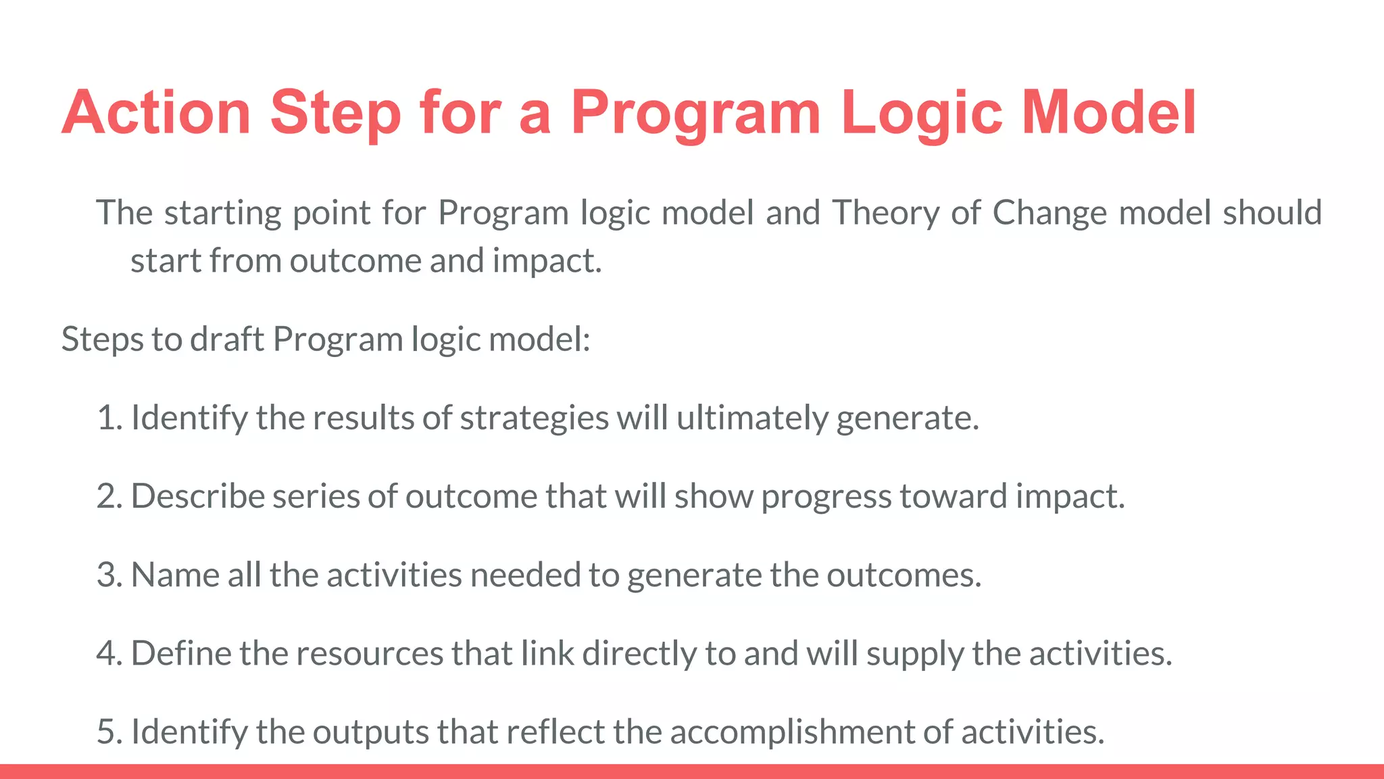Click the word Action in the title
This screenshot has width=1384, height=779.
click(157, 112)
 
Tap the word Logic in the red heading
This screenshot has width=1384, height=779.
click(922, 112)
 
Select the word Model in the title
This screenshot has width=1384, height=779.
click(1109, 112)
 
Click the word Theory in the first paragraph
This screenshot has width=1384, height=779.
click(885, 213)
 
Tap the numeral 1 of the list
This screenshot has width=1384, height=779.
click(105, 418)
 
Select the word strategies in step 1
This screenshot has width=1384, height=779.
click(535, 418)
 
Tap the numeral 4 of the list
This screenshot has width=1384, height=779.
click(106, 654)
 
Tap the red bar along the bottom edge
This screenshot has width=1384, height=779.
click(692, 772)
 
